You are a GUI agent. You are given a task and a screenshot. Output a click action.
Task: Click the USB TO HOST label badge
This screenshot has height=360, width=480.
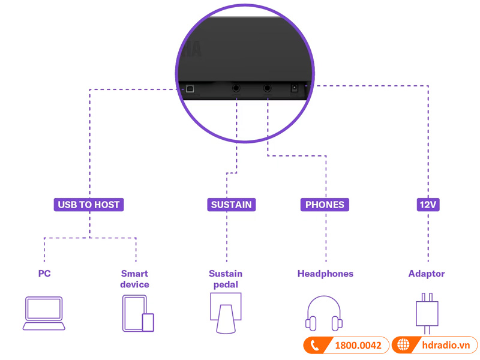point(89,205)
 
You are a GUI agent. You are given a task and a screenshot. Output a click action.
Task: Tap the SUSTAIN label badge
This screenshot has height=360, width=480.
point(231,205)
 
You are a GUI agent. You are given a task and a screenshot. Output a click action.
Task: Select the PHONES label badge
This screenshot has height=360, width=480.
point(325,205)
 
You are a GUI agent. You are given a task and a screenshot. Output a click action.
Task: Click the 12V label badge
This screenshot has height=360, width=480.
point(428,205)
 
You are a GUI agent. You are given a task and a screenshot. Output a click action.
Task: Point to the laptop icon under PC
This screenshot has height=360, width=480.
point(44,313)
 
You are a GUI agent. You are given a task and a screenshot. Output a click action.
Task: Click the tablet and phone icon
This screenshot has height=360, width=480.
point(137,314)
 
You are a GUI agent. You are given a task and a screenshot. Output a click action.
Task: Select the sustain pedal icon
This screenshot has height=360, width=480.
point(226,313)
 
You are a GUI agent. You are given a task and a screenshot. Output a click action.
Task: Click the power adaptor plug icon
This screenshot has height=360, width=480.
point(427,313)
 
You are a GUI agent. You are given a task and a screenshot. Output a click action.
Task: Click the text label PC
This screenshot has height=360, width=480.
point(44,274)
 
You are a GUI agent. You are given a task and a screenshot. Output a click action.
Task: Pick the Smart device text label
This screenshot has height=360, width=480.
point(134,279)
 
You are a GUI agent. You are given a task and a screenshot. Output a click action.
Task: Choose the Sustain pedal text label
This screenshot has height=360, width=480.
point(226,279)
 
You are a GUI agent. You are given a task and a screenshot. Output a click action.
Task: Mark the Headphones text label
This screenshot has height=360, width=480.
point(325,274)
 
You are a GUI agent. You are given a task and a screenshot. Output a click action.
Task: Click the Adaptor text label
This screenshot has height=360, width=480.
point(427,274)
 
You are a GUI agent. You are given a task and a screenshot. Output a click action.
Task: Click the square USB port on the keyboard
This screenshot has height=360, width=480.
point(190,88)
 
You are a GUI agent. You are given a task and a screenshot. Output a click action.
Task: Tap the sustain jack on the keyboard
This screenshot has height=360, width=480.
point(236,88)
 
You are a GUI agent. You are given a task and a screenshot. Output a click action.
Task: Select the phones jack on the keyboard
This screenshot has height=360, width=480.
point(267,88)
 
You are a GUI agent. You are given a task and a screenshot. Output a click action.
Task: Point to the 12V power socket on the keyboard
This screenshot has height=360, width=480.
point(295,88)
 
